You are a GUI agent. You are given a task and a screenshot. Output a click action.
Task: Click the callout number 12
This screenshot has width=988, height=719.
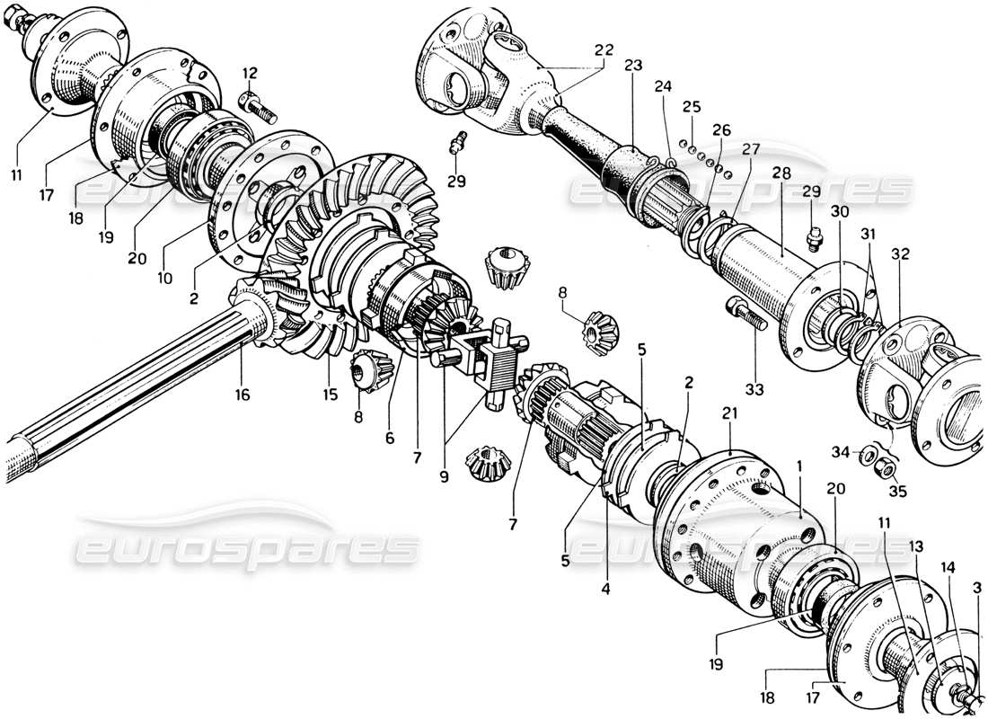pos(249,73)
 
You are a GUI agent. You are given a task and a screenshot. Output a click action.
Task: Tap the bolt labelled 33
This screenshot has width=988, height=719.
pos(746,315)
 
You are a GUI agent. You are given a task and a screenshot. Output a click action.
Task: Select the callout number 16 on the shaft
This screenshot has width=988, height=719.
pos(243,395)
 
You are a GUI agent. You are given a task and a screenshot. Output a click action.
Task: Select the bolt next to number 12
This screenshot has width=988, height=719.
pos(257,105)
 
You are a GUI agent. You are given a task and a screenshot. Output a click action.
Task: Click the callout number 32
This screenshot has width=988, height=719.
pos(900,254)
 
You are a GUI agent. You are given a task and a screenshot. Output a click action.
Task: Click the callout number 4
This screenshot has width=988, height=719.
pos(606,592)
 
